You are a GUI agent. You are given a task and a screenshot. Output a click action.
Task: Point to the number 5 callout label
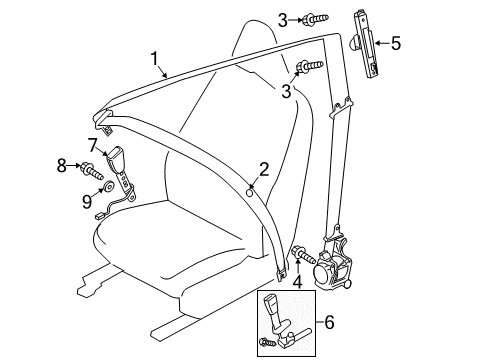[395, 43]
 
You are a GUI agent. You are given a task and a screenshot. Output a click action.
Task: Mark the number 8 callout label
[60, 165]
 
